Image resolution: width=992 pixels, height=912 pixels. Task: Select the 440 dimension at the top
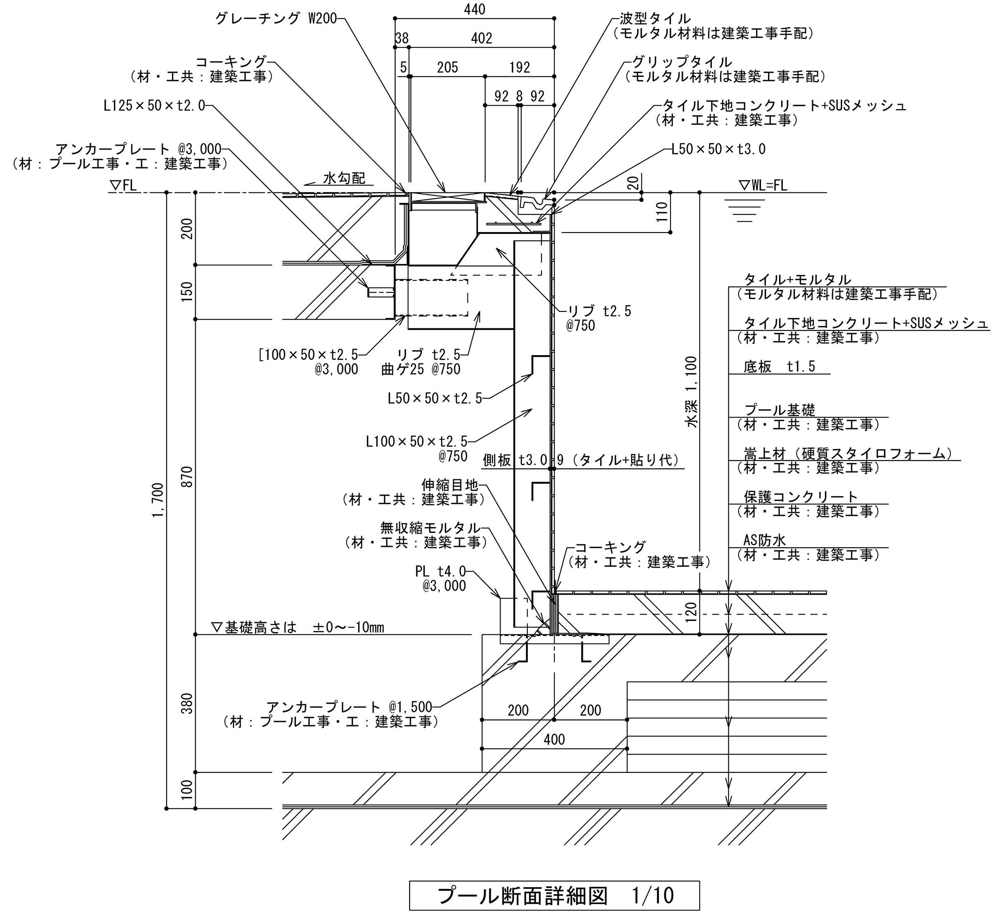pyautogui.click(x=475, y=9)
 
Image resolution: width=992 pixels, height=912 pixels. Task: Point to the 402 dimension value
pyautogui.click(x=482, y=38)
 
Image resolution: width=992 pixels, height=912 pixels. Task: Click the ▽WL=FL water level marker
pyautogui.click(x=763, y=185)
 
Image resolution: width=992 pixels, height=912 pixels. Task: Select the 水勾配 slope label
pyautogui.click(x=344, y=178)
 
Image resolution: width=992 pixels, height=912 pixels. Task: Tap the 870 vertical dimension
pyautogui.click(x=187, y=477)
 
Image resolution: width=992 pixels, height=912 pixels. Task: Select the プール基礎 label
pyautogui.click(x=780, y=410)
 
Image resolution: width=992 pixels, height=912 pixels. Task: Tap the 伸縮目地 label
pyautogui.click(x=449, y=485)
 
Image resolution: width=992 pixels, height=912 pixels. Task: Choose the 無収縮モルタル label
pyautogui.click(x=429, y=528)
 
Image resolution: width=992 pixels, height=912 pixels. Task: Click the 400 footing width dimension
pyautogui.click(x=554, y=739)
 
